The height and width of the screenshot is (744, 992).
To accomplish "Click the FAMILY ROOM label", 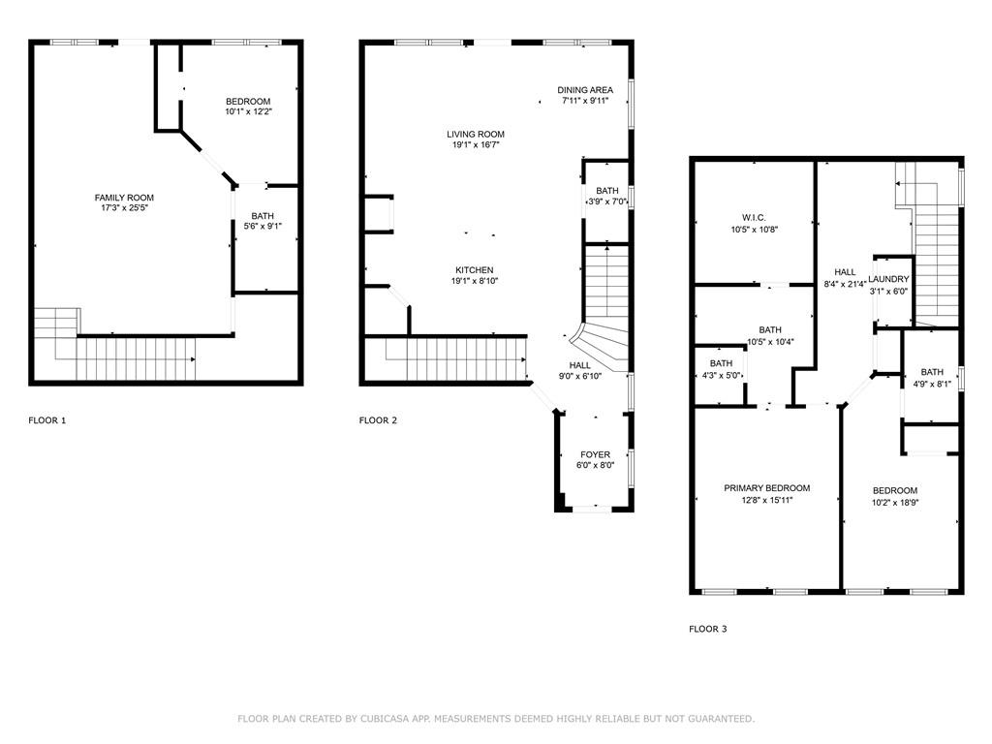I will coord(124,198).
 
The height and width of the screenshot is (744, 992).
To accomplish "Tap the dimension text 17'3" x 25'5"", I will coord(124,208).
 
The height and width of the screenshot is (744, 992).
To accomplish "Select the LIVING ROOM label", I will coord(476,135).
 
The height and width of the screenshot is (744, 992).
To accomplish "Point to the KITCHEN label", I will coord(476,270).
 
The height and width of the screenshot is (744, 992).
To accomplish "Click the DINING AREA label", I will coord(585,89).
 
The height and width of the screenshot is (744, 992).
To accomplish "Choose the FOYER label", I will coord(595,454).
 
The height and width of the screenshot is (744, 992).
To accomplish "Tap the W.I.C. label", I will coord(754,218).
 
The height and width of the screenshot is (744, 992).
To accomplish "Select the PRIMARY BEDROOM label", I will coord(767,488).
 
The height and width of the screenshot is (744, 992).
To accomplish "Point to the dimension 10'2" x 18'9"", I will coord(894,502).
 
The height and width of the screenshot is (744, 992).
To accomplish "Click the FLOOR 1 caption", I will coord(47,420).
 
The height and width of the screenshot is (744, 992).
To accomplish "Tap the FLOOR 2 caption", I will coord(378,420).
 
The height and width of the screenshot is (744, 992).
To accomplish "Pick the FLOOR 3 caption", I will coord(707,629).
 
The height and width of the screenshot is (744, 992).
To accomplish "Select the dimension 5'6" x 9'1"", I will coord(262,227).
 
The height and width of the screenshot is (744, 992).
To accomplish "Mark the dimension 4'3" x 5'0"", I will coord(721,375).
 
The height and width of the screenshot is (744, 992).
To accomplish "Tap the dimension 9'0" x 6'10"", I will coord(580,376).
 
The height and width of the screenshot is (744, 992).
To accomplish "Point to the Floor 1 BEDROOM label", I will coord(248,102).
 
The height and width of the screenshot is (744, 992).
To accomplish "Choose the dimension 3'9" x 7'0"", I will coord(607,201).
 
